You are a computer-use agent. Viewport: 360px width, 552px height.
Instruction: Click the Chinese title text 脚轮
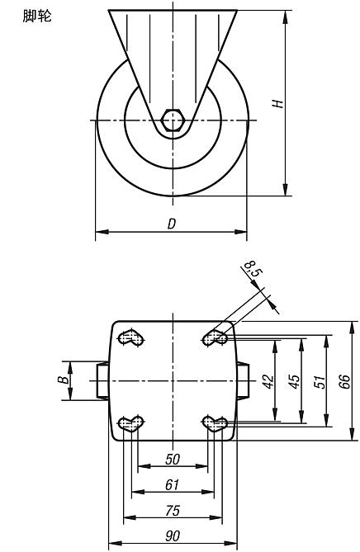click(x=37, y=17)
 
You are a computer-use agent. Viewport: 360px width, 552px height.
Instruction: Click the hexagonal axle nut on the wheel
click(x=172, y=120)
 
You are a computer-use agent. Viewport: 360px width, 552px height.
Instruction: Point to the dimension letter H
click(x=277, y=103)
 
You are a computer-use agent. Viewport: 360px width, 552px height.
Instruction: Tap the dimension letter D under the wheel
click(x=171, y=224)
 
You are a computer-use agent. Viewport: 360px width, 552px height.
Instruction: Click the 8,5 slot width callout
click(x=253, y=269)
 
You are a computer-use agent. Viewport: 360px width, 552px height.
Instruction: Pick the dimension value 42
click(x=268, y=381)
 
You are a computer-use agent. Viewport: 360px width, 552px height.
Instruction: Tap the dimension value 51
click(x=320, y=381)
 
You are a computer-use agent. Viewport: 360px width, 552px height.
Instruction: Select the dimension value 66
click(x=345, y=381)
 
